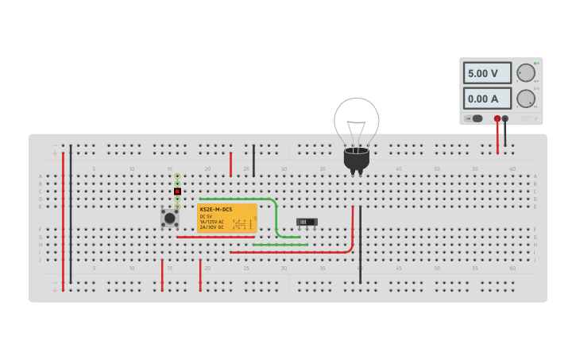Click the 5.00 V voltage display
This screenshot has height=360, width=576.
click(x=487, y=73)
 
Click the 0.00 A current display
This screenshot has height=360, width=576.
click(x=487, y=99)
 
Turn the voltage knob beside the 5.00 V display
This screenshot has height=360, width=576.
click(x=525, y=73)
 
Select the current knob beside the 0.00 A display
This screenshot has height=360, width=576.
click(x=525, y=99)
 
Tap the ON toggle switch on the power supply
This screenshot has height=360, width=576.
click(x=474, y=118)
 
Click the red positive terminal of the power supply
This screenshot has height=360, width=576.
click(x=497, y=118)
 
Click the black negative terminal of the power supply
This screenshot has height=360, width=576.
click(x=505, y=118)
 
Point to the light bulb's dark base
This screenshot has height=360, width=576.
click(x=356, y=159)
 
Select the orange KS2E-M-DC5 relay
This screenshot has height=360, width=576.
click(x=226, y=218)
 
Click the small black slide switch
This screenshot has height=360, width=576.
click(x=307, y=222)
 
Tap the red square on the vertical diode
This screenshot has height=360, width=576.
click(x=177, y=192)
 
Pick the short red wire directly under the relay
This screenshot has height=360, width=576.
click(x=215, y=237)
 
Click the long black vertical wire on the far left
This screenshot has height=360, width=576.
click(x=71, y=215)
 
